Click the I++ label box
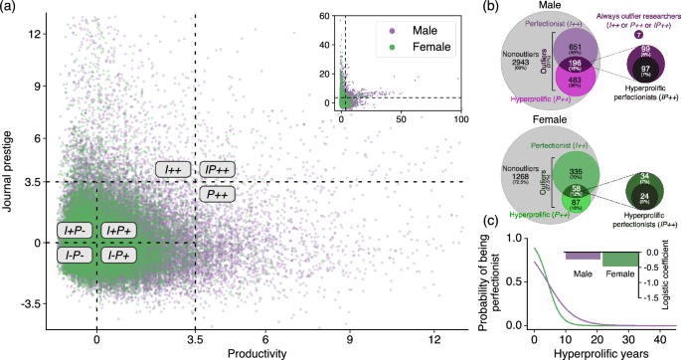[173, 170]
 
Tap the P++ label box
[217, 195]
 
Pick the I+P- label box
[76, 231]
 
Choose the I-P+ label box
[119, 255]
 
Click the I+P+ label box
[119, 231]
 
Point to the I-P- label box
[76, 255]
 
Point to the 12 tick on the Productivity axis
[431, 338]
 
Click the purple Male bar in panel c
[583, 256]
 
